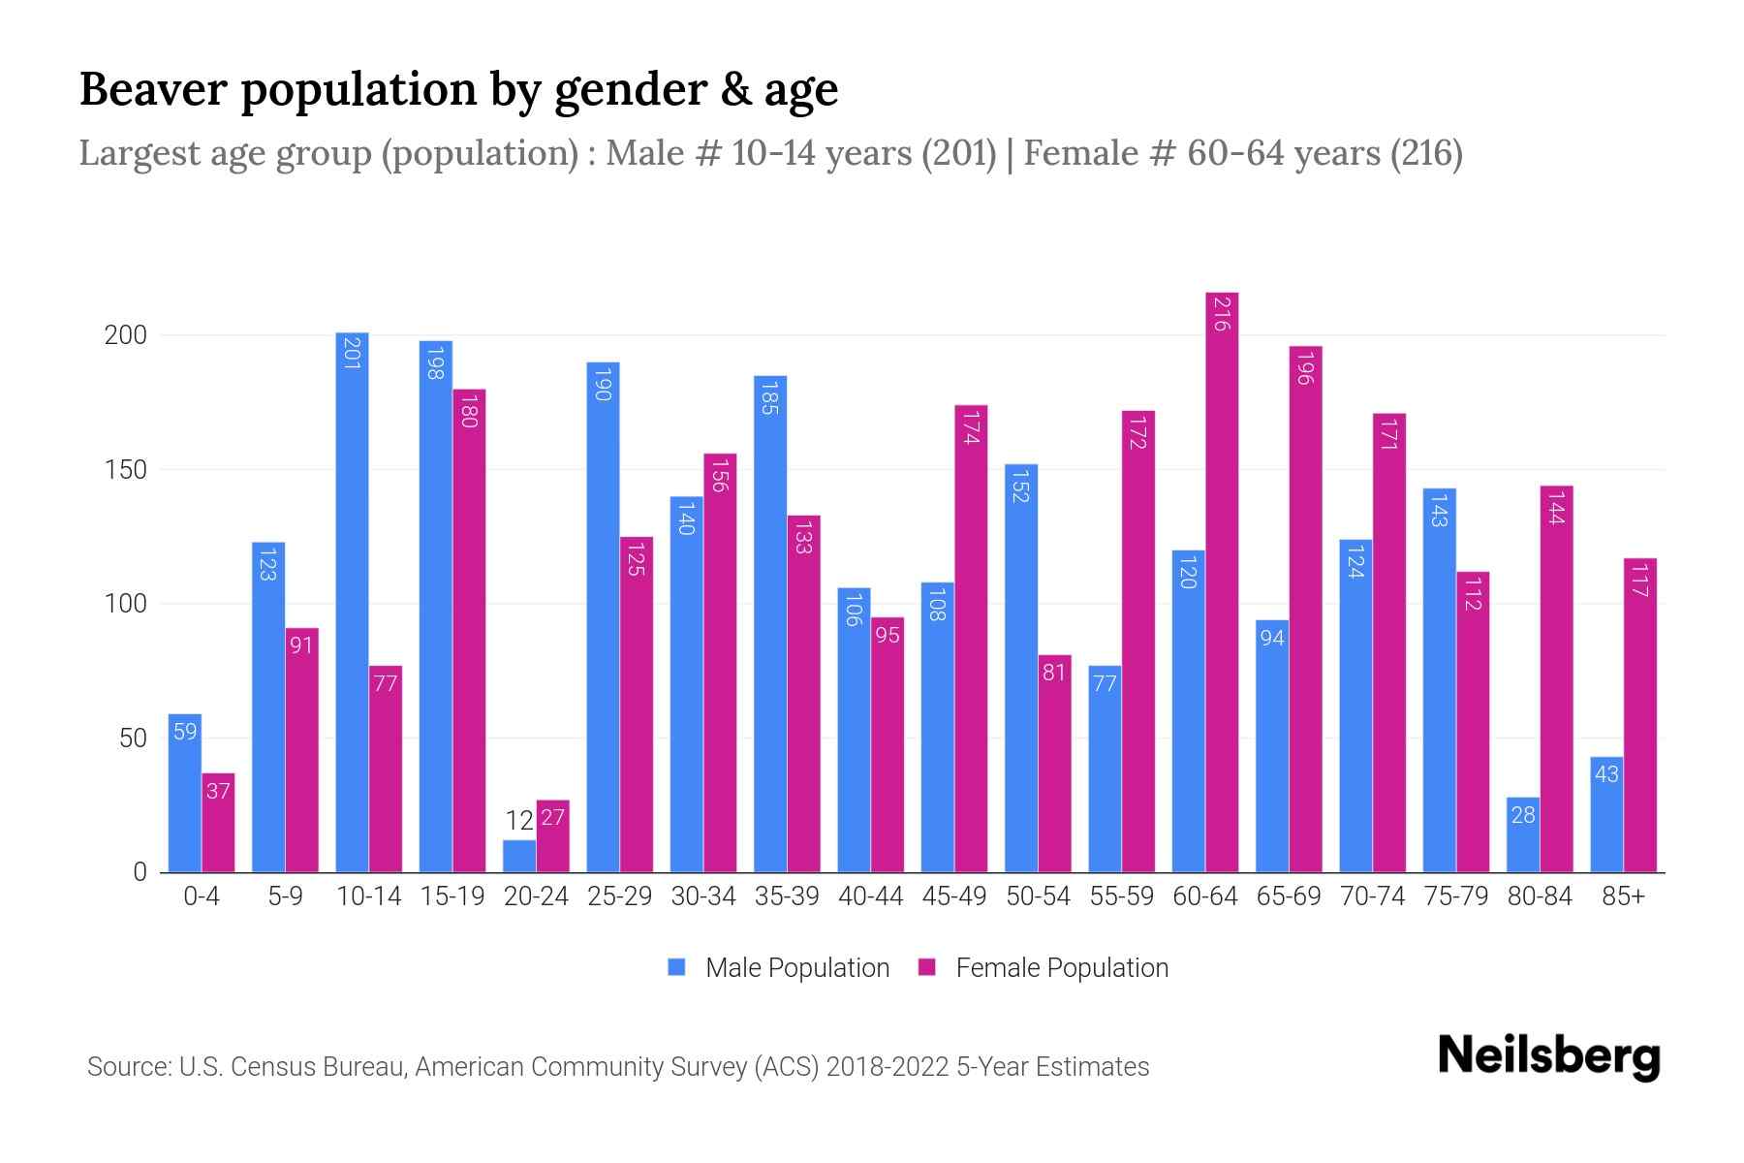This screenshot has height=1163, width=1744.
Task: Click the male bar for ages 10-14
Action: [352, 601]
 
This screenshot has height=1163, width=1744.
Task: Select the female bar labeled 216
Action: [1222, 581]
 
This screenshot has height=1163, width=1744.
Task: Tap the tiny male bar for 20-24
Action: [519, 857]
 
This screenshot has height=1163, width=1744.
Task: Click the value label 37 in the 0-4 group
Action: [218, 792]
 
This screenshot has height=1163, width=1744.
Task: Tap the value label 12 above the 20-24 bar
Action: [519, 822]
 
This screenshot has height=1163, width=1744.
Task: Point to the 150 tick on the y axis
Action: [125, 470]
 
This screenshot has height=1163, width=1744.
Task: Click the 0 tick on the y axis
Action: [140, 872]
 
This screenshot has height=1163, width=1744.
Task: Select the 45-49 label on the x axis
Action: [954, 896]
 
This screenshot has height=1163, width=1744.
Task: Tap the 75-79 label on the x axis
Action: [1455, 896]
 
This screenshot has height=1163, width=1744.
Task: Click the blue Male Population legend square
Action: [676, 967]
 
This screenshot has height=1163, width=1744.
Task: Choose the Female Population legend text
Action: [1062, 968]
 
